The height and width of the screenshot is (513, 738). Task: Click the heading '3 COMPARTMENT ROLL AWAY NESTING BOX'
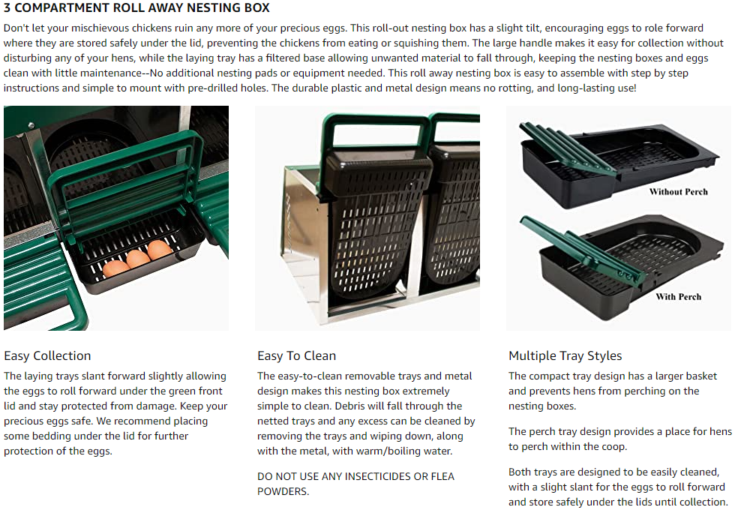136,8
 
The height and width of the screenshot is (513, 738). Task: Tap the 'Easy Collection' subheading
47,355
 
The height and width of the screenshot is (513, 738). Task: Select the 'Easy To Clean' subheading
296,355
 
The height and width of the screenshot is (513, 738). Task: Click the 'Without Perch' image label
678,191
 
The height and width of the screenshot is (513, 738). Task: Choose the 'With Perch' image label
678,296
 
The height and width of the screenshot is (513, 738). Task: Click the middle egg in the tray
137,259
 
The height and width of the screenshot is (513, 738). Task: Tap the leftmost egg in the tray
115,268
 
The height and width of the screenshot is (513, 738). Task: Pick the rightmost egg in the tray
160,250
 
